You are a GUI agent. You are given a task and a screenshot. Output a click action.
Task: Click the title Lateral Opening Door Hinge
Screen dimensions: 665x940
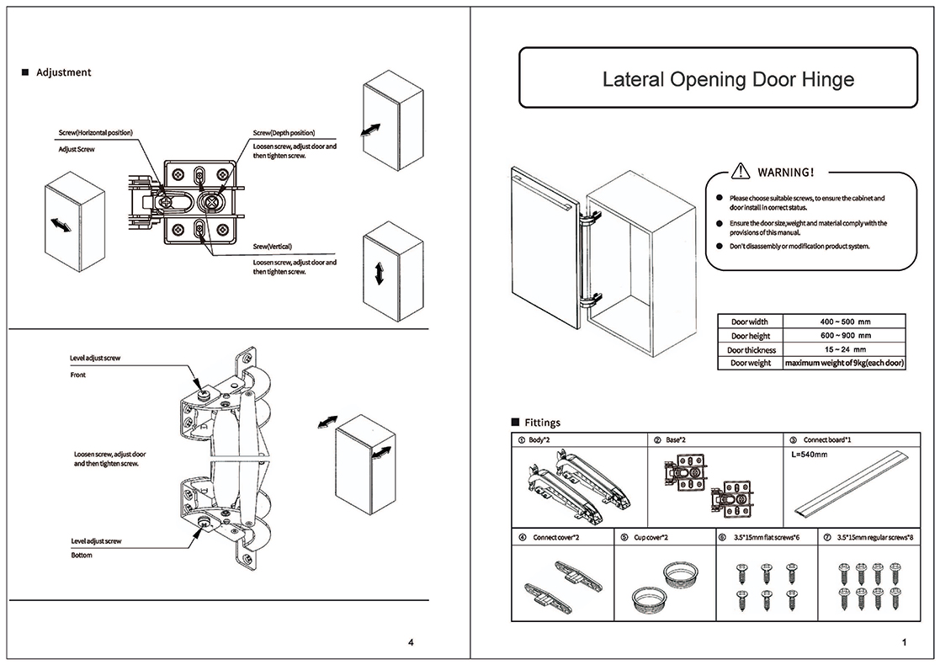tap(728, 80)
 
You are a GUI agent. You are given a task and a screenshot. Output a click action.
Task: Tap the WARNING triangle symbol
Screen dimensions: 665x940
tap(740, 172)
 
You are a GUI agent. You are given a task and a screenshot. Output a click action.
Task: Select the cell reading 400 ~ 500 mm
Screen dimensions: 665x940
tap(844, 322)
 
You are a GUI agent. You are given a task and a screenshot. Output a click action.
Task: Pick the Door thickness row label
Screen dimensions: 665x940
tap(752, 349)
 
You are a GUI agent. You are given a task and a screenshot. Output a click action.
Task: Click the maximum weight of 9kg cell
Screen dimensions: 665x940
tap(844, 363)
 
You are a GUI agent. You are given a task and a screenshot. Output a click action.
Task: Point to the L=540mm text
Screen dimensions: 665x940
tap(810, 455)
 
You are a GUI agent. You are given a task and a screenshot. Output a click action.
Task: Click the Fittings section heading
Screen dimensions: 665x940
tap(541, 423)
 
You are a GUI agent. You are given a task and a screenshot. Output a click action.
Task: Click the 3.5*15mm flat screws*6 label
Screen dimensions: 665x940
tap(767, 536)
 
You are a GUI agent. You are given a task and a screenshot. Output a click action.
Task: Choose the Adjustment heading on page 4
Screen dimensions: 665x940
tap(63, 72)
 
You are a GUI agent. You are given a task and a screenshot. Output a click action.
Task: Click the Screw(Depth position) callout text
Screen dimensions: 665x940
tap(284, 133)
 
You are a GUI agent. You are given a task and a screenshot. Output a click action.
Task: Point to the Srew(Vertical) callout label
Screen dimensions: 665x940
tap(272, 247)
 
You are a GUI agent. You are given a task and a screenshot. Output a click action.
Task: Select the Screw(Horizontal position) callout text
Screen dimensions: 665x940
tap(95, 133)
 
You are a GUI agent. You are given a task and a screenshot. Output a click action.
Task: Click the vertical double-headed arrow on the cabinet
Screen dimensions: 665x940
tap(379, 272)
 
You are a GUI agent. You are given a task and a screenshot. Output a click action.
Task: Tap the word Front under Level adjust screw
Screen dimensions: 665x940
tap(77, 375)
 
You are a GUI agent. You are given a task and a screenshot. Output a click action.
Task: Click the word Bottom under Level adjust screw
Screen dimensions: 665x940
tap(81, 556)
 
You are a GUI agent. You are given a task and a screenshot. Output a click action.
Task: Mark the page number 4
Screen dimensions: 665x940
tap(410, 643)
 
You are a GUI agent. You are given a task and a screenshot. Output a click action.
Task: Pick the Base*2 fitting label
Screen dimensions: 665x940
tap(676, 439)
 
